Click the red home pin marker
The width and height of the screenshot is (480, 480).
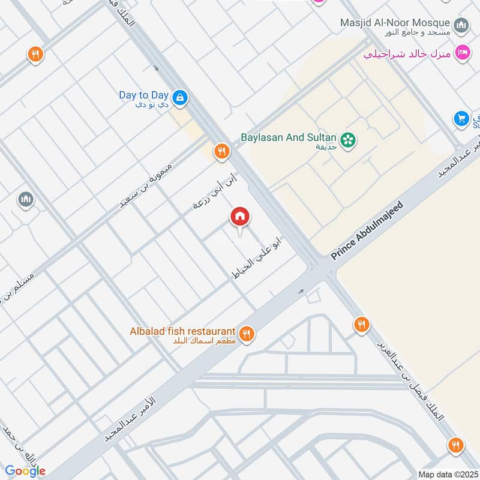(240, 217)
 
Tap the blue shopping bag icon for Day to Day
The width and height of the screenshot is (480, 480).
(179, 97)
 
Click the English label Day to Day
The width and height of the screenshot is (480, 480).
(143, 95)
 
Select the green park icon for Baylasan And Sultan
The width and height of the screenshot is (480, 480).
(347, 140)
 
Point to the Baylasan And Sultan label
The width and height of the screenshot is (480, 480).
(289, 137)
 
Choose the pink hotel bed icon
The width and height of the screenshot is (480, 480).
(461, 53)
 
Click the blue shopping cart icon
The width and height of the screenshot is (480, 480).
(461, 118)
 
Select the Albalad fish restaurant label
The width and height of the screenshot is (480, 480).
(182, 331)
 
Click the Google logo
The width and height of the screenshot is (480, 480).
(26, 471)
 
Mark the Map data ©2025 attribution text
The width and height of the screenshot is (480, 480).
(447, 475)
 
